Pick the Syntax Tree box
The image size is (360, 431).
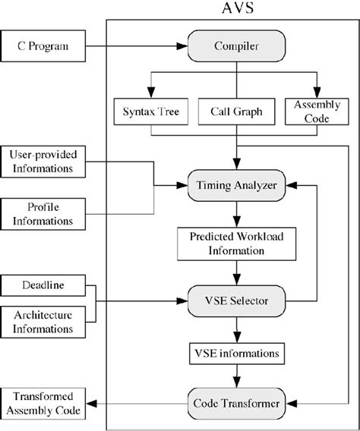point(151,112)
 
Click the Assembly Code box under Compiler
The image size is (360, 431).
point(314,112)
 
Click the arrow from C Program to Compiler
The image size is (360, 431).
point(137,47)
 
